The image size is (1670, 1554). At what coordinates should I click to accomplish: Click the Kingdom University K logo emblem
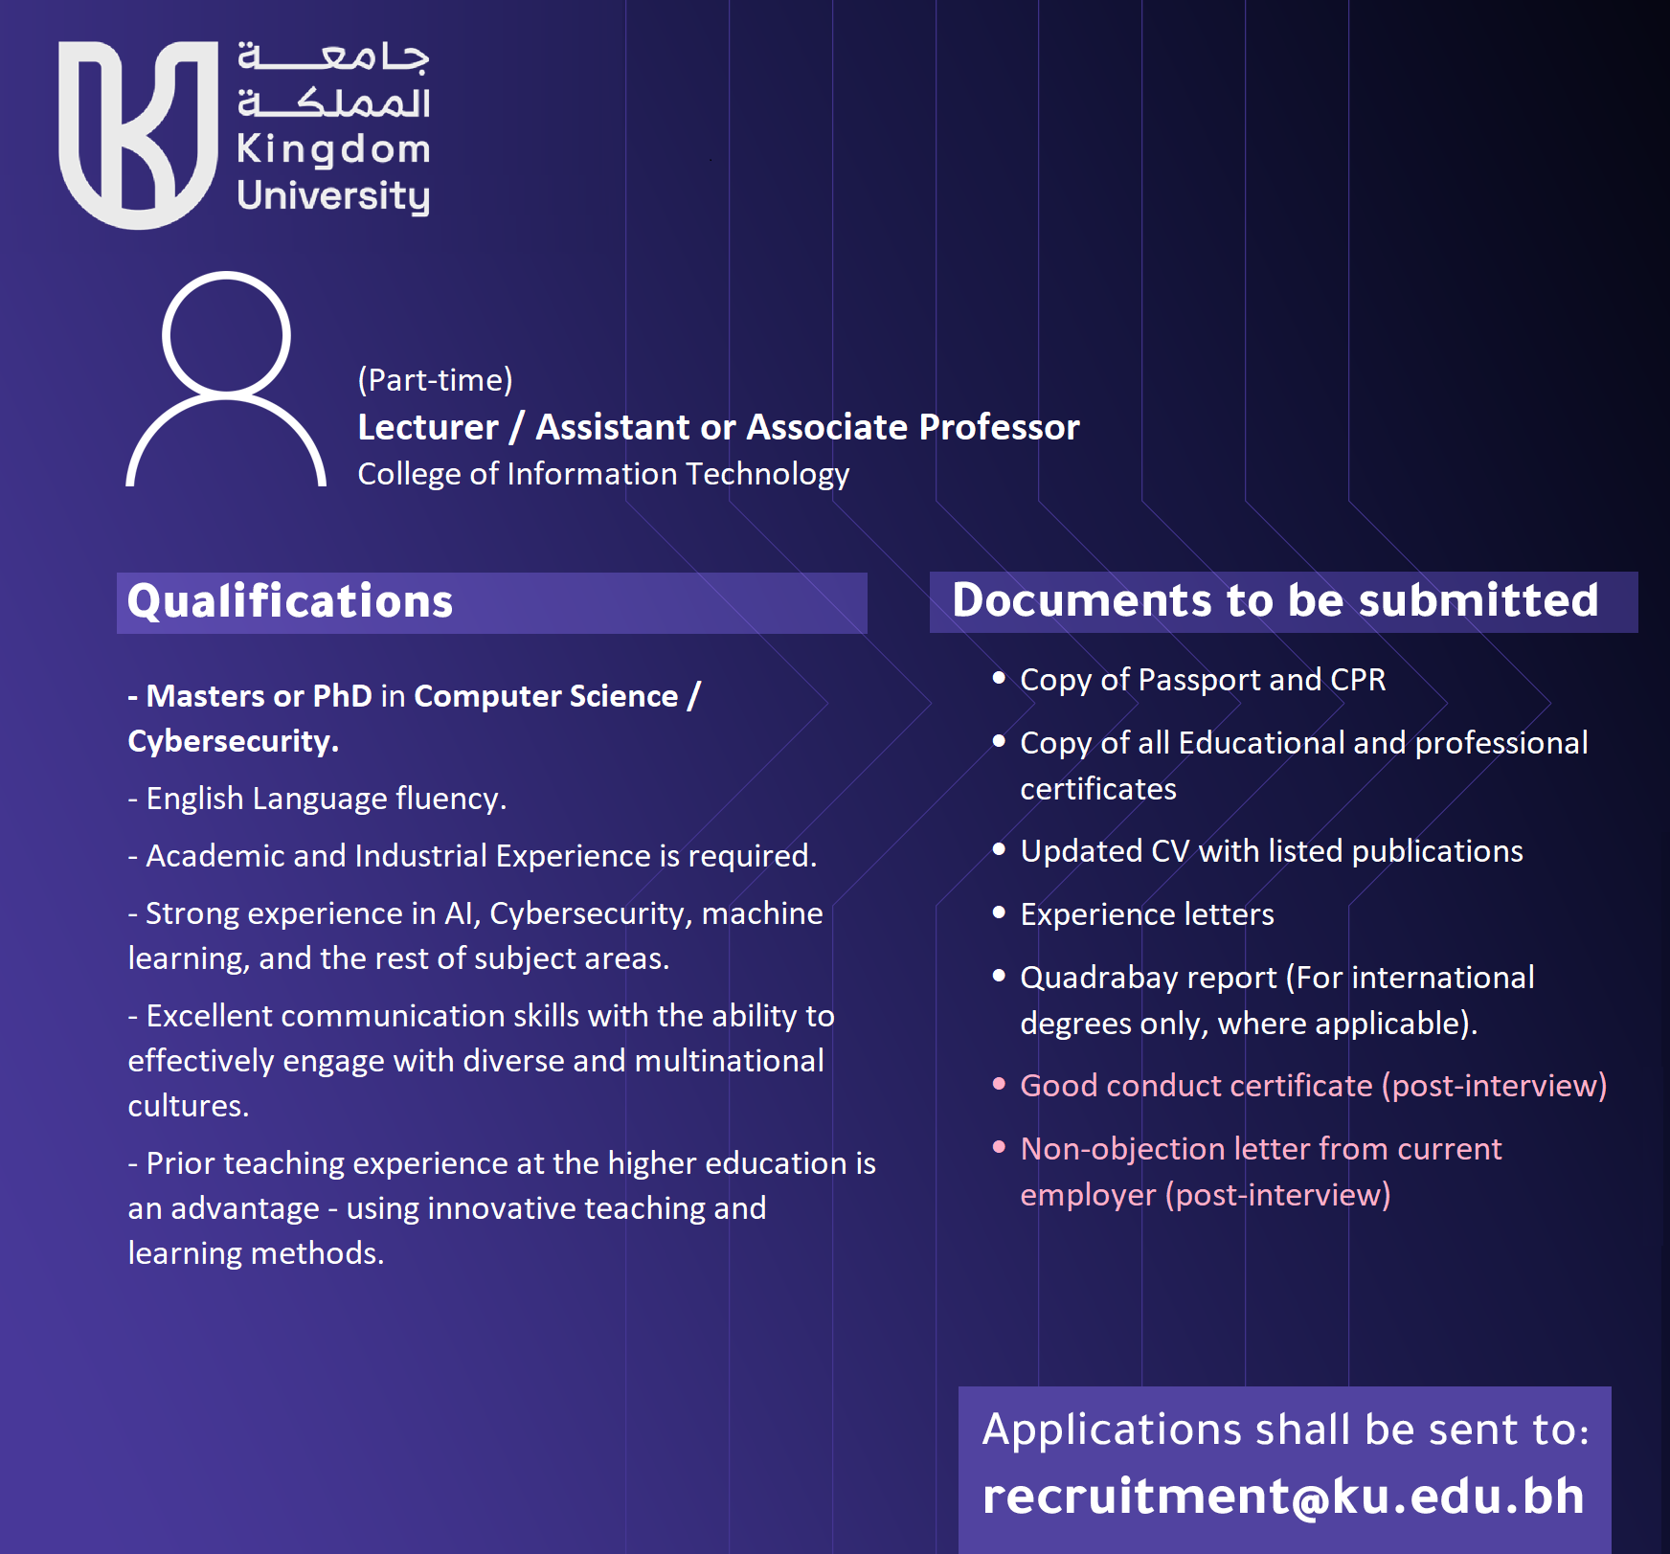tap(138, 134)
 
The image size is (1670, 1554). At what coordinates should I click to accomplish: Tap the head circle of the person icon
tap(226, 334)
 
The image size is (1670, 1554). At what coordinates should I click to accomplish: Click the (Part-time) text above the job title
tap(435, 380)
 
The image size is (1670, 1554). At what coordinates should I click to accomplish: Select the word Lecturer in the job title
tap(428, 427)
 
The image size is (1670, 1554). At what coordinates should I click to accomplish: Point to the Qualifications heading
tap(290, 601)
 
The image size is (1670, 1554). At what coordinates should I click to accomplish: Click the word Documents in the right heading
tap(1082, 600)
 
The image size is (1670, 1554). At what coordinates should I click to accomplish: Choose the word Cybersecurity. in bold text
tap(233, 741)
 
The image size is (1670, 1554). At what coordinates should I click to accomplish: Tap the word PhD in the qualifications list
tap(342, 696)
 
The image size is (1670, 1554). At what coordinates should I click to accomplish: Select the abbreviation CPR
tap(1358, 680)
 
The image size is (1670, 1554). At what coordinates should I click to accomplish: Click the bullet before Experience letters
tap(999, 913)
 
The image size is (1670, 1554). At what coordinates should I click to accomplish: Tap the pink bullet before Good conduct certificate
tap(999, 1084)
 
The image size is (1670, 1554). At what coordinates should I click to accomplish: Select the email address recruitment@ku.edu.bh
tap(1283, 1496)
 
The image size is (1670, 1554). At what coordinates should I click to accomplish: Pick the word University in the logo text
tap(333, 195)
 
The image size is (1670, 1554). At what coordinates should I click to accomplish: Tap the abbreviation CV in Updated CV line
tap(1170, 851)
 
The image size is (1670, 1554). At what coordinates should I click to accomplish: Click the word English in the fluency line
tap(194, 799)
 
